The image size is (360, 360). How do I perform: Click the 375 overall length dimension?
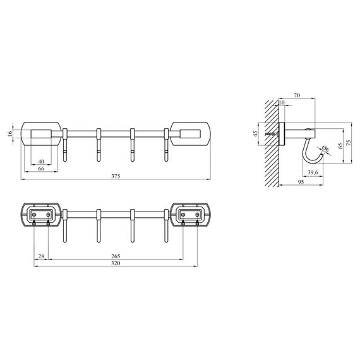coord(115,177)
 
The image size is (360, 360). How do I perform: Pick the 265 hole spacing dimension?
coord(115,256)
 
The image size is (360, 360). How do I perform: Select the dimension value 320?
coord(115,264)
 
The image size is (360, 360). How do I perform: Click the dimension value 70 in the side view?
coord(296,95)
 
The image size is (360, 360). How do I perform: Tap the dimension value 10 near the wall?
coord(282,103)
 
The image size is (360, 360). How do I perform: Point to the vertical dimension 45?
coord(256,134)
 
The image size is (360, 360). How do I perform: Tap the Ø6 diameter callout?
coord(325,150)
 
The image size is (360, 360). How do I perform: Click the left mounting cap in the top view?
coord(42,133)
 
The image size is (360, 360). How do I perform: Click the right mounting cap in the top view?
coord(191,133)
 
